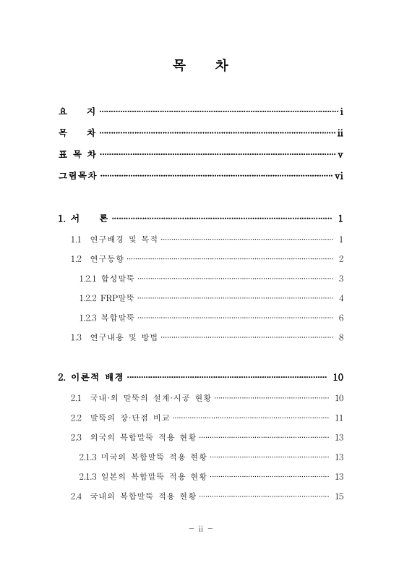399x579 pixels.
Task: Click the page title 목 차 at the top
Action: [x=199, y=66]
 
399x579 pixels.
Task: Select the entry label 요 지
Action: [x=77, y=112]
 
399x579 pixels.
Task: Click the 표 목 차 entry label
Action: [x=77, y=154]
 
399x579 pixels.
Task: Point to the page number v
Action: [x=340, y=154]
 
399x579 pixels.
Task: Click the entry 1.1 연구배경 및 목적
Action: [x=113, y=240]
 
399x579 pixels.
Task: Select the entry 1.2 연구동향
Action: [x=97, y=259]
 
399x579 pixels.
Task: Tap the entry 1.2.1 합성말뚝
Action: [x=107, y=279]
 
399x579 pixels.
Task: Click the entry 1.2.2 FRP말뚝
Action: [x=107, y=298]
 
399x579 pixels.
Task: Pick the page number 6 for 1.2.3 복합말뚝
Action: [x=340, y=318]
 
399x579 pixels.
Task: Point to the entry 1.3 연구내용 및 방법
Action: [x=113, y=337]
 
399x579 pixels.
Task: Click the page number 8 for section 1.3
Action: [x=340, y=337]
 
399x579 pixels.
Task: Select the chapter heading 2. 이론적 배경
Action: [x=90, y=377]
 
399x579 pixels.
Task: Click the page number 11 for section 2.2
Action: [x=338, y=418]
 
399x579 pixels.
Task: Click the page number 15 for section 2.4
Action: [x=338, y=496]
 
